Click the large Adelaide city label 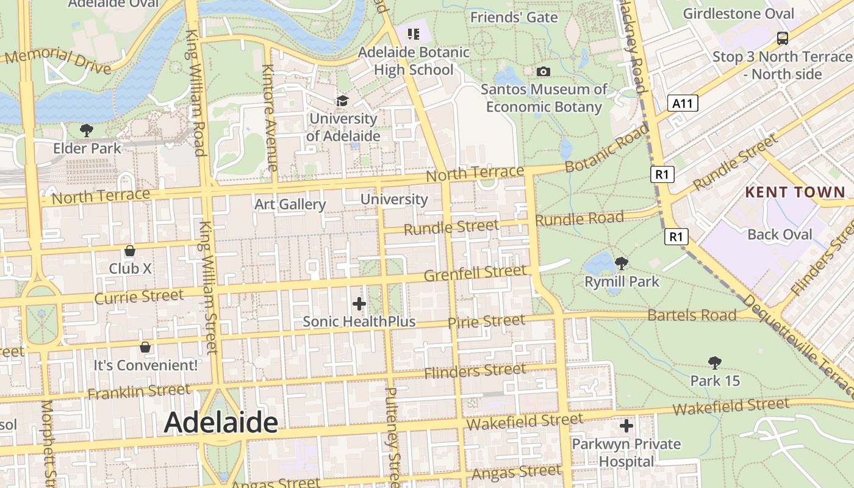point(221,422)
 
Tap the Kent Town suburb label point(795,193)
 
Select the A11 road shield point(683,103)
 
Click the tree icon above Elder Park point(87,130)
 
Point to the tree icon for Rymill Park point(622,264)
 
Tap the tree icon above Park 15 point(715,363)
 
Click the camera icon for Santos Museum point(544,71)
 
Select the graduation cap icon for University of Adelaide point(343,101)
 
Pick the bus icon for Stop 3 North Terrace point(783,38)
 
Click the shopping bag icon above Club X point(130,251)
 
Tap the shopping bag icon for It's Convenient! point(145,347)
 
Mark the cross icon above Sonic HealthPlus point(359,303)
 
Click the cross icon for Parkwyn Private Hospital point(626,425)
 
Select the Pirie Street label point(486,321)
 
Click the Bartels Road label point(692,315)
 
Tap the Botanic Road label point(606,148)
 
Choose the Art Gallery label point(290,204)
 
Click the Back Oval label point(780,235)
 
